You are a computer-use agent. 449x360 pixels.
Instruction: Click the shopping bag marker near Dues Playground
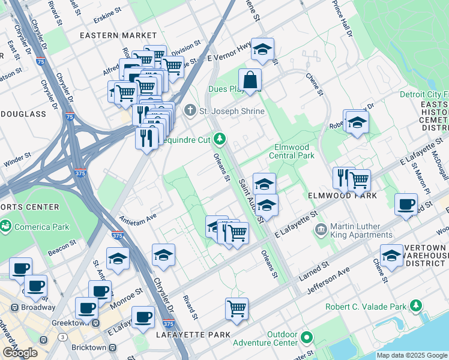249,80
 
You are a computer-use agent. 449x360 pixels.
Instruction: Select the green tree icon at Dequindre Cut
220,139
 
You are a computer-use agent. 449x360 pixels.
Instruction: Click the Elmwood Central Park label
294,151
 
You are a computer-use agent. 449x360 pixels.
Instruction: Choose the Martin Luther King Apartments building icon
321,229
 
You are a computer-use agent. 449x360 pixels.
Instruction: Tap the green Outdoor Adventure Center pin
307,337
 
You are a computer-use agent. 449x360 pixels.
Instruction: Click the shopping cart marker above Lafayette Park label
237,309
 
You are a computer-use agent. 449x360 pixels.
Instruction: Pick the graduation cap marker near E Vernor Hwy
262,50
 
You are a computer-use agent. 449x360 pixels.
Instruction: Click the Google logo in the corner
19,353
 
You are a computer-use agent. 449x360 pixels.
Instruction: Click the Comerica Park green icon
5,226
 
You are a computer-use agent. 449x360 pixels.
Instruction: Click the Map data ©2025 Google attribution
412,355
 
